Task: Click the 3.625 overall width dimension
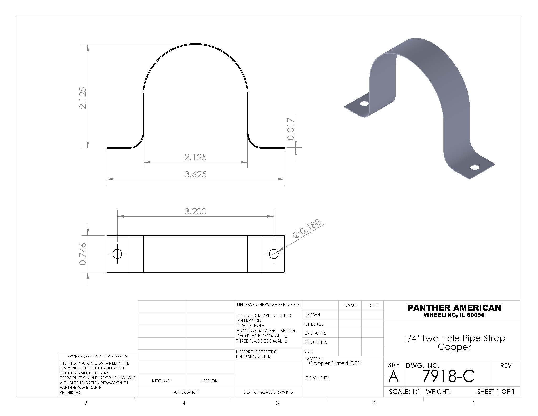pos(195,174)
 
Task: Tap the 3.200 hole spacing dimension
pos(195,211)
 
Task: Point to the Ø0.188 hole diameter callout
pos(307,229)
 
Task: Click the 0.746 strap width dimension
pos(83,254)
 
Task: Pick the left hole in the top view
pos(117,254)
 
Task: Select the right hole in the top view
pos(274,254)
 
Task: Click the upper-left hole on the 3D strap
pos(364,103)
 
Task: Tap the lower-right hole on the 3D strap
pos(475,167)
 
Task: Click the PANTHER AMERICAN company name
pos(454,308)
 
